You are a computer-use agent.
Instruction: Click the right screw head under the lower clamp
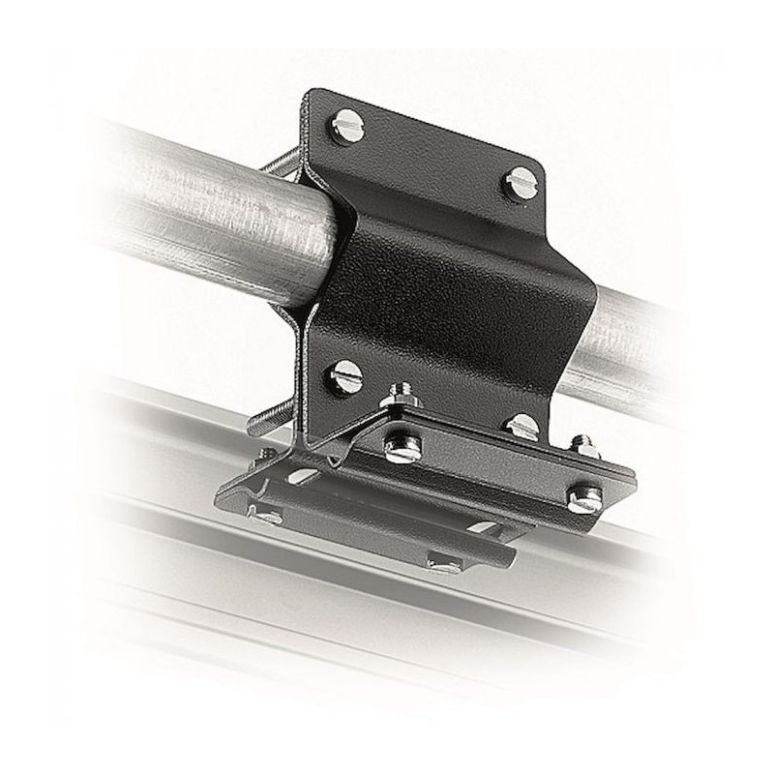point(445,564)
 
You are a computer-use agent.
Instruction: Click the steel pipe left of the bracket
point(193,203)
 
